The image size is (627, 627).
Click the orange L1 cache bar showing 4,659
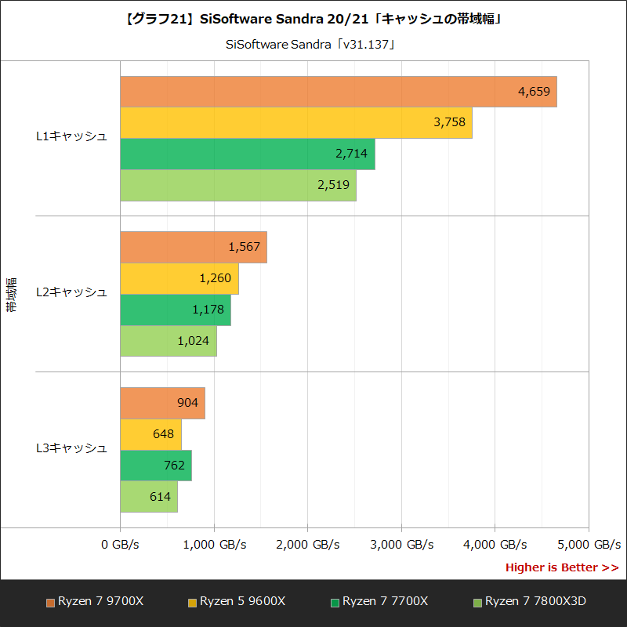click(338, 92)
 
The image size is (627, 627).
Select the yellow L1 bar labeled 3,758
click(295, 122)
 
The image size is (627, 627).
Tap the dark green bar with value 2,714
click(247, 154)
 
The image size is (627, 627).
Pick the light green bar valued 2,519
click(237, 185)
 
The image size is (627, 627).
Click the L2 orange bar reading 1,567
click(193, 247)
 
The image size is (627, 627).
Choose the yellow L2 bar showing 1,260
click(179, 278)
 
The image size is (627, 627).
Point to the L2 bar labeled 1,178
click(175, 310)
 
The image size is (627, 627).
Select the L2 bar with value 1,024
click(168, 341)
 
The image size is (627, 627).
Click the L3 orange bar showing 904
click(162, 403)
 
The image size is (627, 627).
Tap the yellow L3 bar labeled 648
click(150, 434)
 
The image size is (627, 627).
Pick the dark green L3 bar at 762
click(155, 466)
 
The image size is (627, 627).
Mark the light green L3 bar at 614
click(149, 497)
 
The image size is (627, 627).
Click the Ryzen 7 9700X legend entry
click(95, 602)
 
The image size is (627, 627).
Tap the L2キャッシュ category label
click(71, 292)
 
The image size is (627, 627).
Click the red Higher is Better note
click(561, 567)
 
